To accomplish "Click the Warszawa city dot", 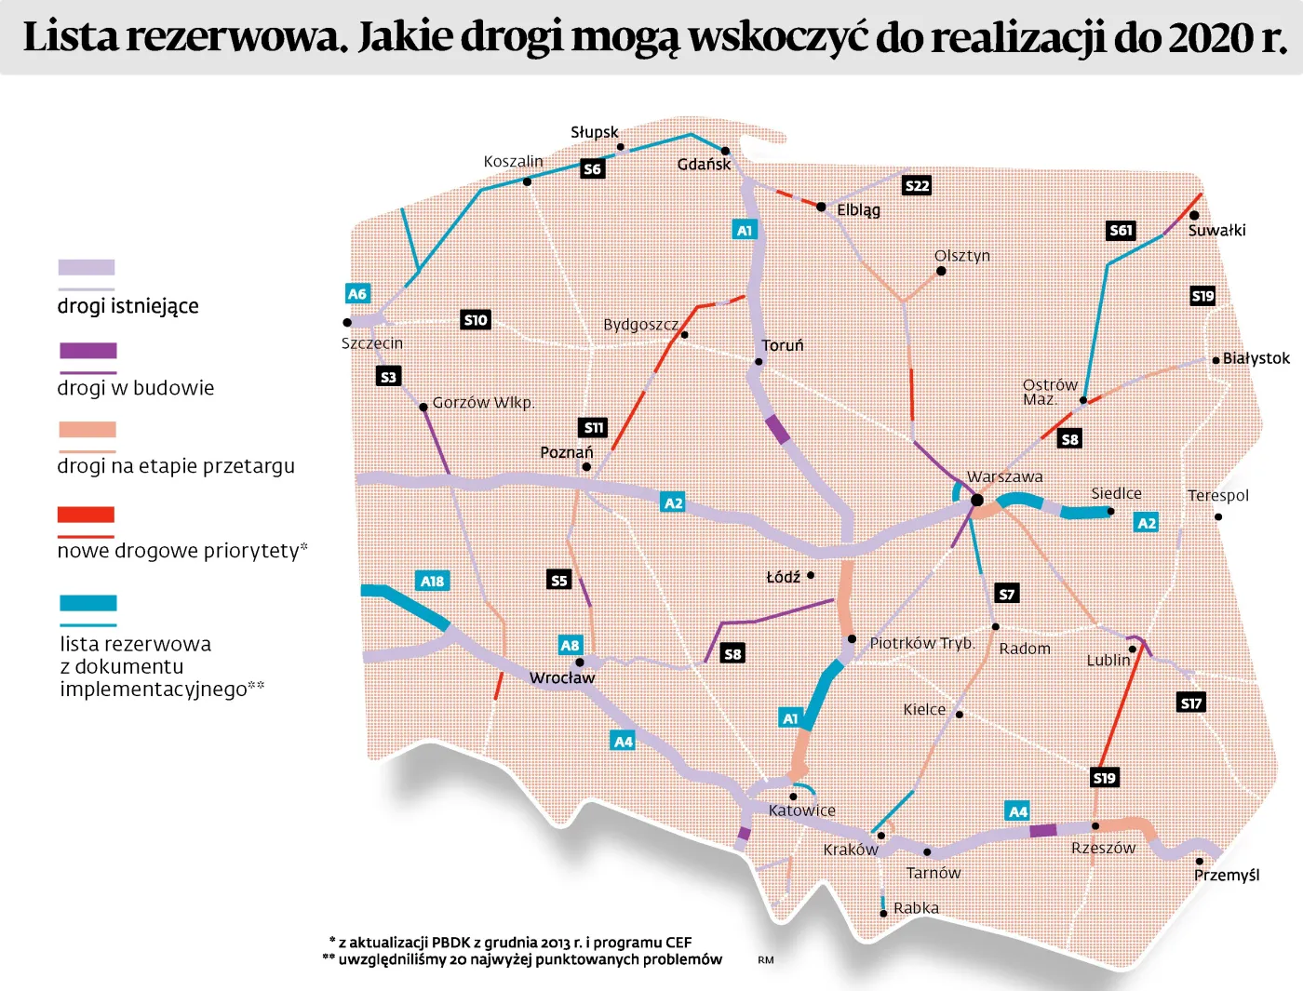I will (977, 500).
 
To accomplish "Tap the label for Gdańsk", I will (704, 165).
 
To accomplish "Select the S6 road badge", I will (592, 168).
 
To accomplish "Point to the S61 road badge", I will (1122, 230).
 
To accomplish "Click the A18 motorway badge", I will (432, 581).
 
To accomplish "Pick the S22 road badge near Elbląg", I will (917, 185).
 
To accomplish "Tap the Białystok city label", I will (1256, 358).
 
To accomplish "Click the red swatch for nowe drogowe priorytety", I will (86, 515).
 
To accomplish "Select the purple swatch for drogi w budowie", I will (87, 351).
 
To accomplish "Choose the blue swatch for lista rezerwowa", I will (87, 603).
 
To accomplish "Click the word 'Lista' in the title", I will (71, 37).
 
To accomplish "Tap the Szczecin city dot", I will (347, 323).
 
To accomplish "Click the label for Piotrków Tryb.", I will (921, 643).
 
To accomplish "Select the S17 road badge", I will (1191, 703).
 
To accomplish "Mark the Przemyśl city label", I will (1226, 875).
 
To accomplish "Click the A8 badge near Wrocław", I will (570, 645).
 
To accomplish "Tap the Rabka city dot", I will (883, 913).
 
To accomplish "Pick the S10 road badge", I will (476, 319).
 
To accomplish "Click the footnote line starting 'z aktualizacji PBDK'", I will (515, 942).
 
